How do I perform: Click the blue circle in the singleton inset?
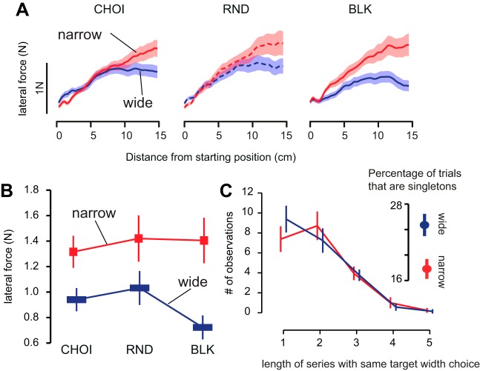tap(424, 225)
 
